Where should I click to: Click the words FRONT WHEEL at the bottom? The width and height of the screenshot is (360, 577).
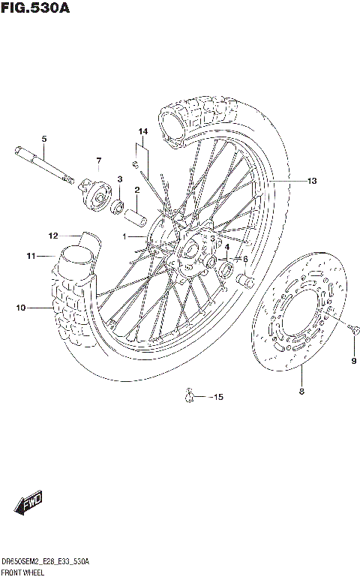[x=23, y=572]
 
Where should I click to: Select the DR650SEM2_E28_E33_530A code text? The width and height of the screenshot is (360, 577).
[x=46, y=561]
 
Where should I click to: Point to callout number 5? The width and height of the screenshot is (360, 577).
[x=43, y=139]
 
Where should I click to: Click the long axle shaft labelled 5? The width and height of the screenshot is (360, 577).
[x=41, y=164]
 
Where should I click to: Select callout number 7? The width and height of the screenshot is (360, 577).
[x=97, y=161]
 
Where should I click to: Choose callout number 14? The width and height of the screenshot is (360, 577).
[x=142, y=132]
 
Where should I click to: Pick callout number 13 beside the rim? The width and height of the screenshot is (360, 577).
[x=311, y=180]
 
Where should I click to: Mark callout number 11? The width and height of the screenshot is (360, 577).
[x=30, y=257]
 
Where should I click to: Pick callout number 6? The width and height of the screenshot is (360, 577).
[x=244, y=259]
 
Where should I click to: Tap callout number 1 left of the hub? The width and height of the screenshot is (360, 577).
[x=127, y=236]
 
